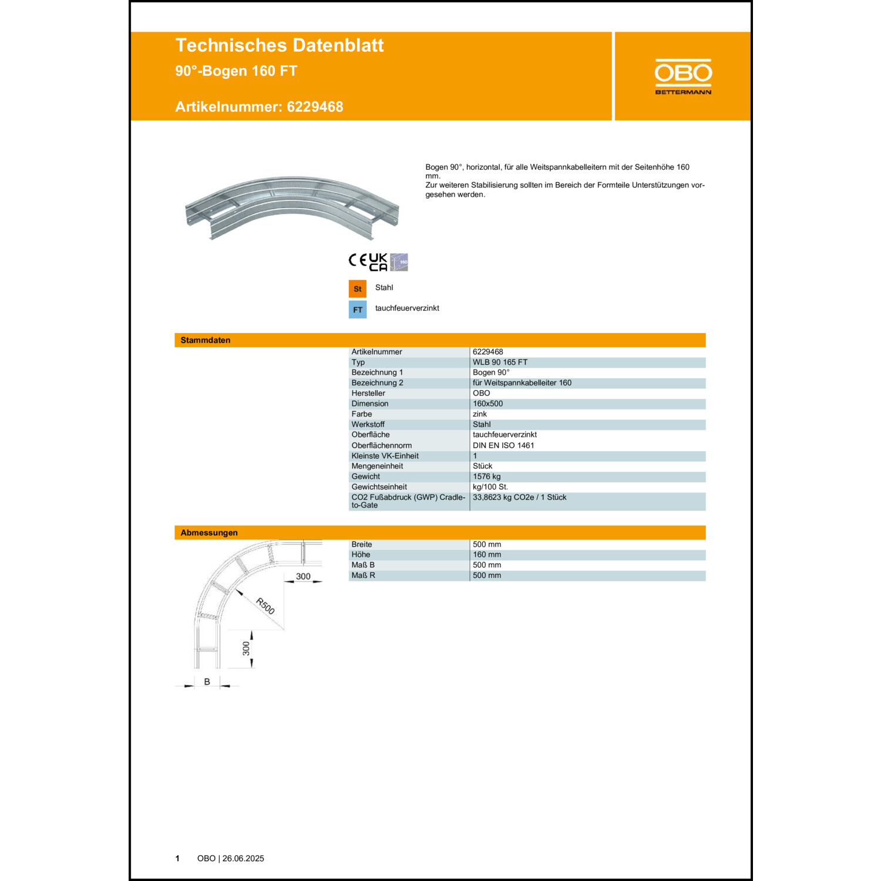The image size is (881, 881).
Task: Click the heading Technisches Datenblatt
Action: point(279,45)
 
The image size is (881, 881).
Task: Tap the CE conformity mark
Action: point(358,260)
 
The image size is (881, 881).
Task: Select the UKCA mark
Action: point(378,262)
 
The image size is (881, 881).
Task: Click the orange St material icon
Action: point(357,289)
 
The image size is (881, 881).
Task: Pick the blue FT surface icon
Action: point(357,310)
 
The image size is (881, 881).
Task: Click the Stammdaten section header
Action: point(205,340)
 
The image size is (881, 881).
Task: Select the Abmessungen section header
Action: point(209,533)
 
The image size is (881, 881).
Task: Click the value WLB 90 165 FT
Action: point(500,362)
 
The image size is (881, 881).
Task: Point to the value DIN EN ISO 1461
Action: point(503,445)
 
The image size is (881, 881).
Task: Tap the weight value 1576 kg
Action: point(486,476)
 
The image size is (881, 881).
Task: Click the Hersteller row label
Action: point(368,394)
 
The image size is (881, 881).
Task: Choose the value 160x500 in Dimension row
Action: point(487,403)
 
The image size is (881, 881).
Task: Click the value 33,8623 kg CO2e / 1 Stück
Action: point(519,497)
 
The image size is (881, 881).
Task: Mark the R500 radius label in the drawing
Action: point(265,606)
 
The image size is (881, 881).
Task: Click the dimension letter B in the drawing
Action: point(207,682)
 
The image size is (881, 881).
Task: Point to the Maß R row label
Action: point(363,576)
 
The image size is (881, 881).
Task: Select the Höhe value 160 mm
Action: point(487,554)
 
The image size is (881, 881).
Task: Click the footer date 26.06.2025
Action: point(243,859)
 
